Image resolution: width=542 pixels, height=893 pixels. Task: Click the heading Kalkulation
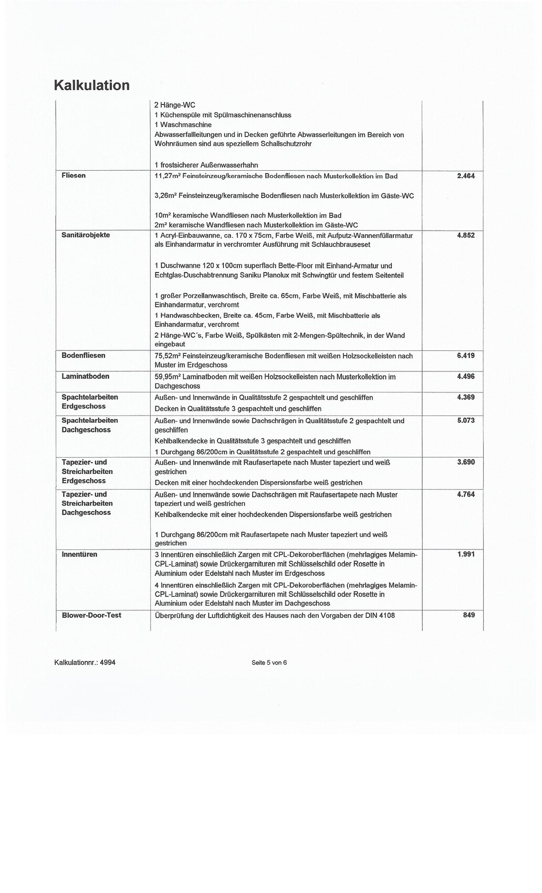point(92,85)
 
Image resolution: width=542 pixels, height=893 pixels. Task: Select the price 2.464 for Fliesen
point(466,176)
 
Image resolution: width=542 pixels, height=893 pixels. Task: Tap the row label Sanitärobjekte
point(86,235)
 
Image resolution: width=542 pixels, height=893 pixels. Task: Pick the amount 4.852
point(466,235)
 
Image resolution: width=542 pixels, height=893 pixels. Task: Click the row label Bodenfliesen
point(84,356)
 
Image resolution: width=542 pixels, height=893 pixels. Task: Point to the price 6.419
point(466,356)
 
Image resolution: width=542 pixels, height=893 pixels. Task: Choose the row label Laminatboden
point(84,376)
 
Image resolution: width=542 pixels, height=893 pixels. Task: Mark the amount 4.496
point(466,376)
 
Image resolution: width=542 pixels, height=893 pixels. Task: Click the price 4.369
point(466,397)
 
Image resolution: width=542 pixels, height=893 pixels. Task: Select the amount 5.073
point(466,420)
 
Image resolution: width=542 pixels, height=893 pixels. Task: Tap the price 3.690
point(466,462)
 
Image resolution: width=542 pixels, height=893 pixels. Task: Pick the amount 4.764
point(466,494)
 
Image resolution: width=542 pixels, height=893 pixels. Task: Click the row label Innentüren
point(79,554)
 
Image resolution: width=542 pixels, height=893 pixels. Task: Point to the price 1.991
point(466,554)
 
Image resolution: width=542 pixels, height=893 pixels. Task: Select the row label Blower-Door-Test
point(91,615)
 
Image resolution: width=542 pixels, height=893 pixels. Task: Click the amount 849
point(469,615)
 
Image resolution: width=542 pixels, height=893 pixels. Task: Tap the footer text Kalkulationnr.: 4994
point(85,662)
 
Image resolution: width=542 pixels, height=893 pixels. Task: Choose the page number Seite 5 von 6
point(269,662)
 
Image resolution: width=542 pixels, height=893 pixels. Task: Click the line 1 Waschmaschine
point(183,124)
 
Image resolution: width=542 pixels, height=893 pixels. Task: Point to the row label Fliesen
point(74,175)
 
